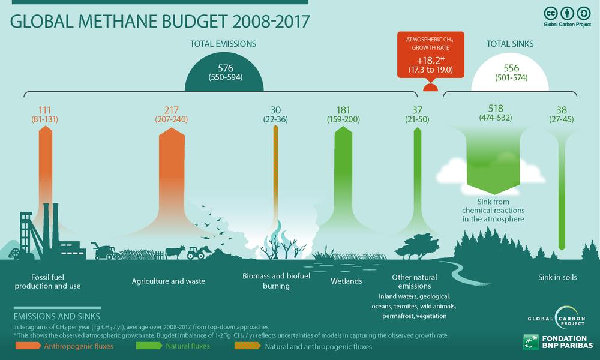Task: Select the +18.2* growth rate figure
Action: coord(430,61)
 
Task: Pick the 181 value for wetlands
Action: coord(343,110)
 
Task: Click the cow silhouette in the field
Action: coord(176,252)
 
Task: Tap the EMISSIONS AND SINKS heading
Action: coord(56,316)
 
